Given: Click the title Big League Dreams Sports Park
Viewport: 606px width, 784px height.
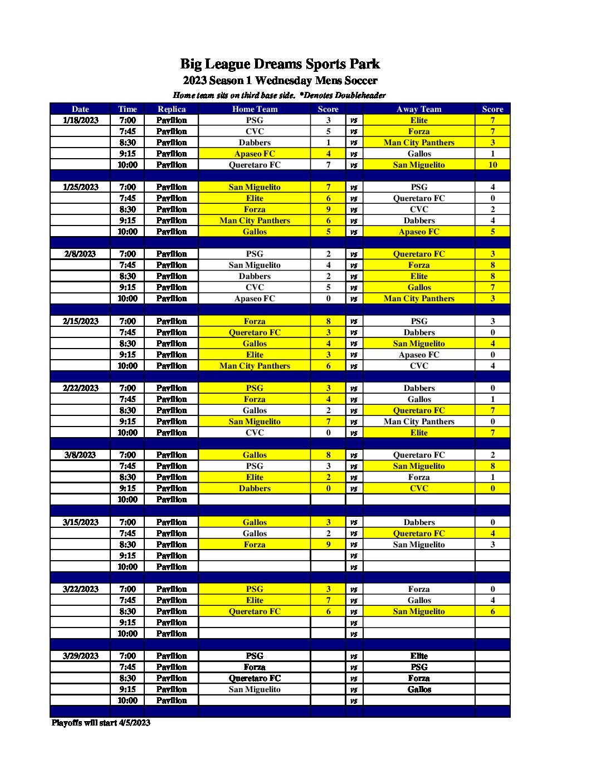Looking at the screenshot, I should coord(280,64).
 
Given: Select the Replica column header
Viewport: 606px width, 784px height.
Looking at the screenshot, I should coord(172,109).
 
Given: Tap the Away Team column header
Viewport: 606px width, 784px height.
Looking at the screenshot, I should coord(419,109).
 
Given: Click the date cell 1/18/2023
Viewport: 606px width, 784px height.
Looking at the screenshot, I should coord(81,120).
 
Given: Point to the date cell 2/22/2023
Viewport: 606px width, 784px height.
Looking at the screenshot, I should coord(81,388).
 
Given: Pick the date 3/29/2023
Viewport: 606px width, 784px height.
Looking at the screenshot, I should coord(81,656).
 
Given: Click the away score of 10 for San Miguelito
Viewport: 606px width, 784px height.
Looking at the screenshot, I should coord(492,165).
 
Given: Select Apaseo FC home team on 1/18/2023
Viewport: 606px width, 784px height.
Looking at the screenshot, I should coord(255,154).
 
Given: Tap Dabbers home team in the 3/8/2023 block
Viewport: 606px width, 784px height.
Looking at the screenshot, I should coord(255,488).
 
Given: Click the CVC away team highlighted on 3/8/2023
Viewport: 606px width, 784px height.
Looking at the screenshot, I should coord(419,488).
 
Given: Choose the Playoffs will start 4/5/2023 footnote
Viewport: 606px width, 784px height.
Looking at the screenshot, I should coord(101,723).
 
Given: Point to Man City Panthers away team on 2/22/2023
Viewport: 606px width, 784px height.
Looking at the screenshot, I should coord(419,422).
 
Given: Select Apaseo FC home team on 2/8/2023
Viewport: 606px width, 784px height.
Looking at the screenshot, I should coord(255,298).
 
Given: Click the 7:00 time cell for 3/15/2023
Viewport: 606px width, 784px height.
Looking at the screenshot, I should coord(128,522).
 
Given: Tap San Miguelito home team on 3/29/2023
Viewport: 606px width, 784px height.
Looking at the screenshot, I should coord(255,689).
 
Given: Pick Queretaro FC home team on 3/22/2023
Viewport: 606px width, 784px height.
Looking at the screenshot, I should coord(255,611).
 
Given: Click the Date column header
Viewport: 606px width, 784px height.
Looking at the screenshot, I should coord(80,109).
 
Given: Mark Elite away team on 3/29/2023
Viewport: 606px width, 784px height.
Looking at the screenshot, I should coord(419,656).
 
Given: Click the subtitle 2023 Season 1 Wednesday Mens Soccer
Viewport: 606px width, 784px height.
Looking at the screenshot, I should coord(280,81).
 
